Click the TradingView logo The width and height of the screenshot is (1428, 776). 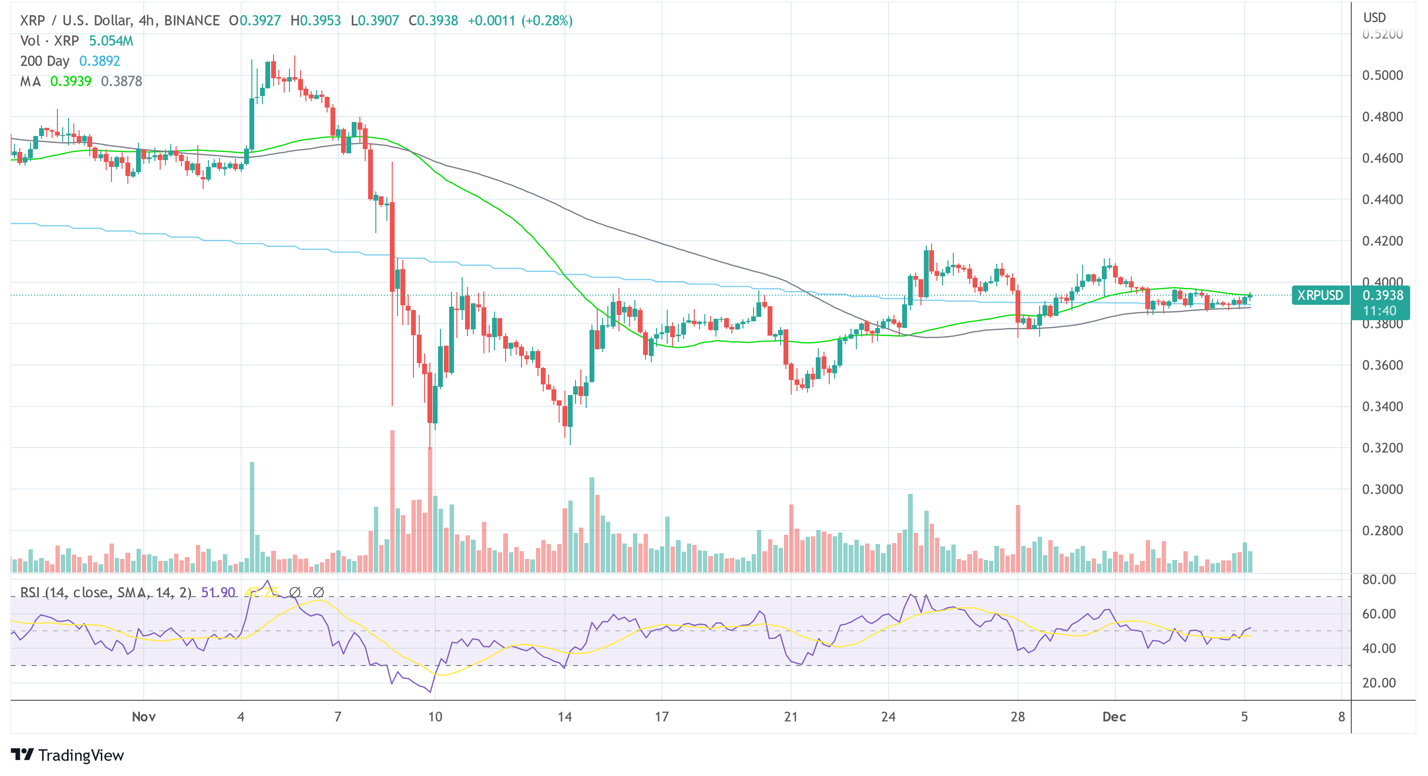68,755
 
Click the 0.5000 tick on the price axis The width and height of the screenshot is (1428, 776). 1383,75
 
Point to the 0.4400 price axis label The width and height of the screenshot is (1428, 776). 1383,200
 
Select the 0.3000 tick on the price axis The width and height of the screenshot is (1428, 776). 1383,490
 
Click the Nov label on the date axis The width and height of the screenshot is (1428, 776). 144,717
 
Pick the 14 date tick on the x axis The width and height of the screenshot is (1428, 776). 564,717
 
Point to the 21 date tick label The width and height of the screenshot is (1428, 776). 791,717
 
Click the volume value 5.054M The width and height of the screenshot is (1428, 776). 111,41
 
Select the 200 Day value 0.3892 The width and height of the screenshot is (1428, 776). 100,61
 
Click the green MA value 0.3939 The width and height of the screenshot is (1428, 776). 71,82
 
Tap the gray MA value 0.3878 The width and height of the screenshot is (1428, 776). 122,82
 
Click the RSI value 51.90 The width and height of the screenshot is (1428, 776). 218,593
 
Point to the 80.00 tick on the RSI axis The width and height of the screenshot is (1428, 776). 1379,580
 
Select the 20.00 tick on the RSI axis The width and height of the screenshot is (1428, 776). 1379,683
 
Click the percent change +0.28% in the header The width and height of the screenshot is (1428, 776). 547,21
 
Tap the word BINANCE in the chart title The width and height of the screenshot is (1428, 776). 192,21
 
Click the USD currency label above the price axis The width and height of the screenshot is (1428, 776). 1374,18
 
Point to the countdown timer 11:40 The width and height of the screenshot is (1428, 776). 1379,311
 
